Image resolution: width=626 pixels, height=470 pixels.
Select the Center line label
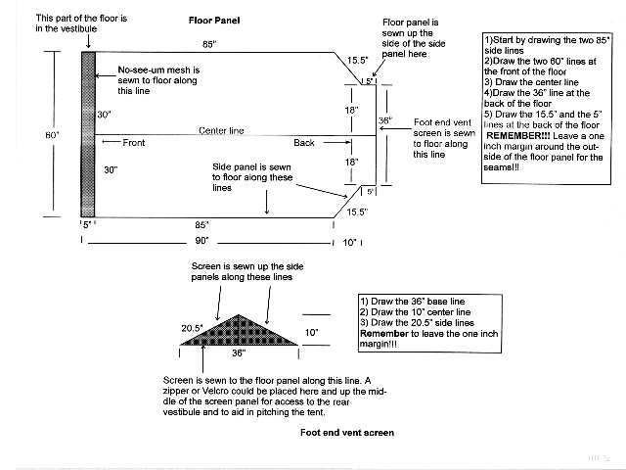[x=221, y=130]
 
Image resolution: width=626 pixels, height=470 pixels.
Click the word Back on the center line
[x=304, y=143]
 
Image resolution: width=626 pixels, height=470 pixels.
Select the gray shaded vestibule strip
[x=88, y=134]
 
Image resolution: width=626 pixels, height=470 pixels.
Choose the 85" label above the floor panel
[x=209, y=44]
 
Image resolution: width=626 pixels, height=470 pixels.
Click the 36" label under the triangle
[x=238, y=353]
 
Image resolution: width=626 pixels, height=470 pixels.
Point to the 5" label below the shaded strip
[x=87, y=224]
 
